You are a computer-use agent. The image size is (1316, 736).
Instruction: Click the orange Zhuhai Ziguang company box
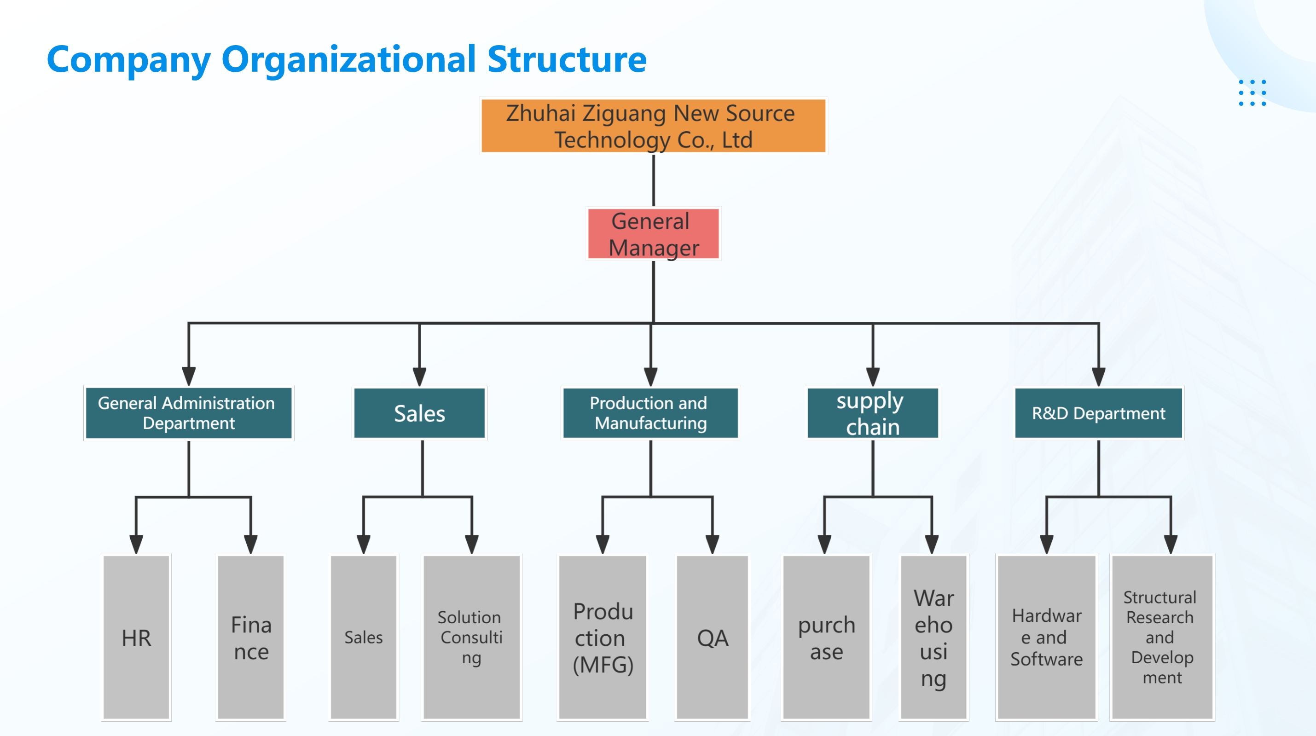coord(654,125)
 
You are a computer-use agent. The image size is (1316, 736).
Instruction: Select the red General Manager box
coord(654,234)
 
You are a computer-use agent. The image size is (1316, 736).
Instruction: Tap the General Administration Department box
coord(189,413)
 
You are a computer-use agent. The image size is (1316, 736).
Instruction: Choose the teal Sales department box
coord(419,413)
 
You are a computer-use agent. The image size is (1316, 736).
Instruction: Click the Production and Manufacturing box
coord(650,413)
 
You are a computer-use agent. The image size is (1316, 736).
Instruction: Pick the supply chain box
coord(873,413)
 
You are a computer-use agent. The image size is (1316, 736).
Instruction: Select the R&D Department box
coord(1098,413)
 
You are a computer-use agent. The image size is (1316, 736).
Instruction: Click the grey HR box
coord(136,637)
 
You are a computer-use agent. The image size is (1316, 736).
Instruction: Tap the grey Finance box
coord(250,637)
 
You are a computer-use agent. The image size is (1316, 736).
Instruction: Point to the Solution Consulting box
coord(471,637)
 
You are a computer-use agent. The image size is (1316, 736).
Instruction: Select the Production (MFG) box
coord(603,637)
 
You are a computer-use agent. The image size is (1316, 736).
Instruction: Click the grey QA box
coord(712,637)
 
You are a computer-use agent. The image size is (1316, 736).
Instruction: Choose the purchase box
coord(826,637)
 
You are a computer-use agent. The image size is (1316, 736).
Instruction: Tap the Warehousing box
coord(933,637)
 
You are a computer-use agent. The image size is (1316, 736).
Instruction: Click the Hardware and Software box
coord(1047,637)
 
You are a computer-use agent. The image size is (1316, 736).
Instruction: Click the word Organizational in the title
coord(349,60)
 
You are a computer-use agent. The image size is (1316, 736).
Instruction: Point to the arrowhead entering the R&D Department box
coord(1098,377)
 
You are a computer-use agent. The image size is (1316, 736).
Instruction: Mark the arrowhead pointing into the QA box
coord(712,545)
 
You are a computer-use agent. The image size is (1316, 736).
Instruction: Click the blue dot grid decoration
coord(1252,93)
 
